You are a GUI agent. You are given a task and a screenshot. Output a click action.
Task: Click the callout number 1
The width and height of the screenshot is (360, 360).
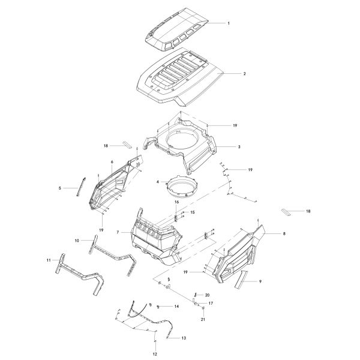pos(229,23)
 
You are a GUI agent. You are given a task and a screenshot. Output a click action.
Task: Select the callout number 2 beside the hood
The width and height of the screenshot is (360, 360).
pos(245,74)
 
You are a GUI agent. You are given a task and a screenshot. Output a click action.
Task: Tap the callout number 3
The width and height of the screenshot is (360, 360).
pos(239,147)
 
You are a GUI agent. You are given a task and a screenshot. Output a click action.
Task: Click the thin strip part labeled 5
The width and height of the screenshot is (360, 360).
pos(81,187)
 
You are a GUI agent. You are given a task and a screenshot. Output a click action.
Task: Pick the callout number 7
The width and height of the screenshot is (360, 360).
pos(118,232)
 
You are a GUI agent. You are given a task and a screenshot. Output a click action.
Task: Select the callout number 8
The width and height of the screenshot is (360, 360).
pos(284,234)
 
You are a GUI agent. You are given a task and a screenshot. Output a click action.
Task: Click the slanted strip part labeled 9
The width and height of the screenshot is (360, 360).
pos(241,279)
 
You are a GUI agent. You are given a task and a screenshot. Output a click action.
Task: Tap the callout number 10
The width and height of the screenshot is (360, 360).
pos(77,241)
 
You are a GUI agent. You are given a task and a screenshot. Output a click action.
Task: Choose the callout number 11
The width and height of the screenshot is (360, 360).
pos(49,260)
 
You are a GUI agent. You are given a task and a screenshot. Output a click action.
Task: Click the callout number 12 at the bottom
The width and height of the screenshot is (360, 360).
pos(155,354)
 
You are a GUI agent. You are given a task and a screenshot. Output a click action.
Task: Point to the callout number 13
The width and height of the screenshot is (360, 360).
pos(184,338)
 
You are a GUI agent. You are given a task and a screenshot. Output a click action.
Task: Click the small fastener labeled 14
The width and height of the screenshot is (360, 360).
pos(158,307)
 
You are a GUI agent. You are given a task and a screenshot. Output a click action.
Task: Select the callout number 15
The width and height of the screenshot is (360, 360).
pos(193,212)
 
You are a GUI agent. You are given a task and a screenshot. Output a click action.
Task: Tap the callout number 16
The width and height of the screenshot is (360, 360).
pos(176,202)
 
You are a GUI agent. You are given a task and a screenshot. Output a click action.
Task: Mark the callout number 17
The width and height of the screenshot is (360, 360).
pos(211,303)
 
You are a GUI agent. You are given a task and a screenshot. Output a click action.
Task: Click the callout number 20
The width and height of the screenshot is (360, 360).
pos(207,295)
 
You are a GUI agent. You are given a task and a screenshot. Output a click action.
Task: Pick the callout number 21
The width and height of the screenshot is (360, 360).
pos(203,319)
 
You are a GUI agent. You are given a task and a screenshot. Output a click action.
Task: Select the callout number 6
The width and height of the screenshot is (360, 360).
pos(112,162)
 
